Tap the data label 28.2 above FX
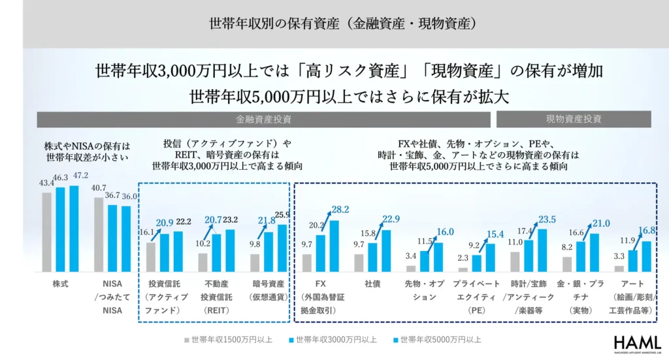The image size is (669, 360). click(x=340, y=210)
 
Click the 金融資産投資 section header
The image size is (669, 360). click(x=264, y=120)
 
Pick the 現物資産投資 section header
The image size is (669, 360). click(x=574, y=120)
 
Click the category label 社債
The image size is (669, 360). click(x=373, y=285)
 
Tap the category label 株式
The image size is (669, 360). click(x=60, y=285)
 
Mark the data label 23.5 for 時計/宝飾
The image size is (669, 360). click(x=547, y=219)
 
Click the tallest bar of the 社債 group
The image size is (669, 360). click(x=387, y=251)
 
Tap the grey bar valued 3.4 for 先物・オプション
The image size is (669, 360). click(x=411, y=268)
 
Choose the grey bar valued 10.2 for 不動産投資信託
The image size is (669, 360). click(x=203, y=262)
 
